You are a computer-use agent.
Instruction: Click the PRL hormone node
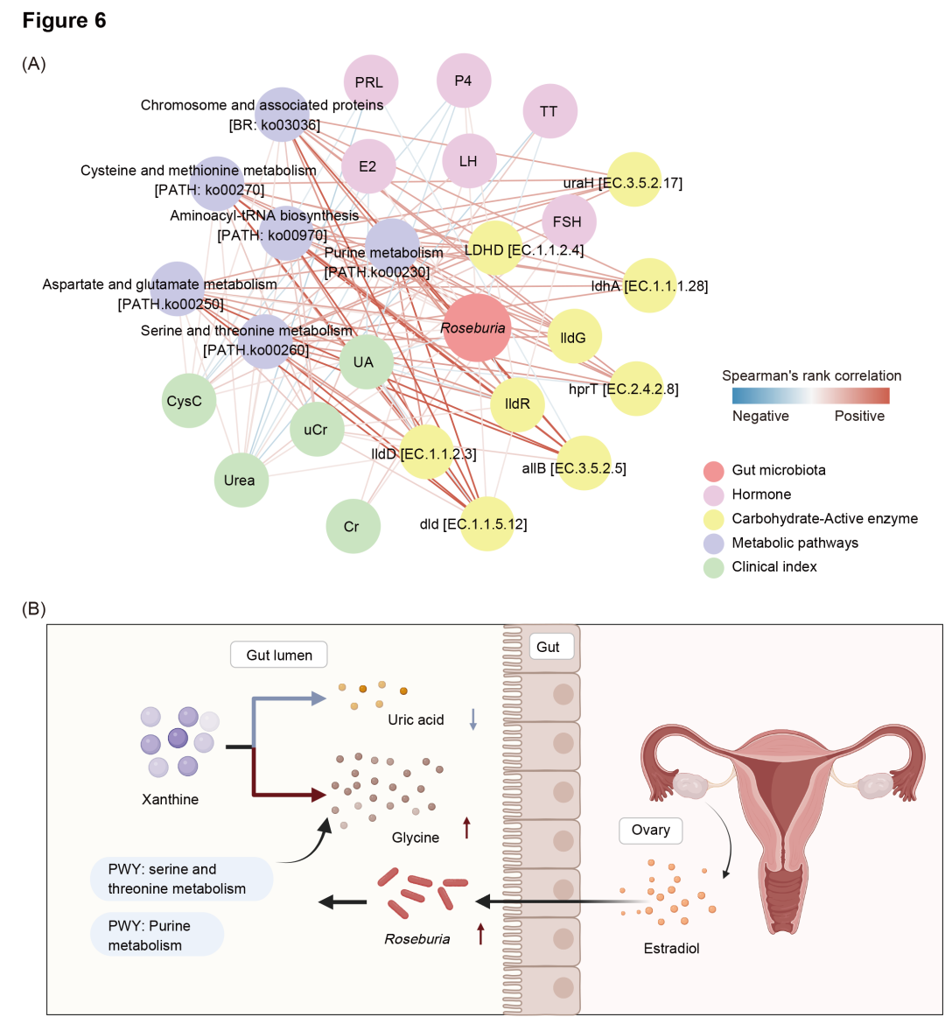370,82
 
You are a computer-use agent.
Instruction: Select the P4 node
464,81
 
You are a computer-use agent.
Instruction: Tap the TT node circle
549,111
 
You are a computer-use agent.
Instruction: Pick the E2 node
367,165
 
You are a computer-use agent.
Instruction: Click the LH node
469,161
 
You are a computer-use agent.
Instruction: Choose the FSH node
568,222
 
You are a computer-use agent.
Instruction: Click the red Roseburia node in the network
475,328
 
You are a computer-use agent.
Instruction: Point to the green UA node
364,362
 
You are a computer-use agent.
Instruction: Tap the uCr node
316,430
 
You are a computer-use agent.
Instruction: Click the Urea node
240,480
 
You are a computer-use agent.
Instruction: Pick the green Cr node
352,527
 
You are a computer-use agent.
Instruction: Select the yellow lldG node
574,337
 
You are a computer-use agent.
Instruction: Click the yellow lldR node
518,404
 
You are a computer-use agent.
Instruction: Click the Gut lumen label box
279,655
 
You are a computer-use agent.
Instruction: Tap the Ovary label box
650,830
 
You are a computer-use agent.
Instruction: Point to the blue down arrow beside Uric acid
473,719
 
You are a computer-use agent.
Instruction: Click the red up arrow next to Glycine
466,827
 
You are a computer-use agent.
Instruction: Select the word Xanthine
171,799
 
